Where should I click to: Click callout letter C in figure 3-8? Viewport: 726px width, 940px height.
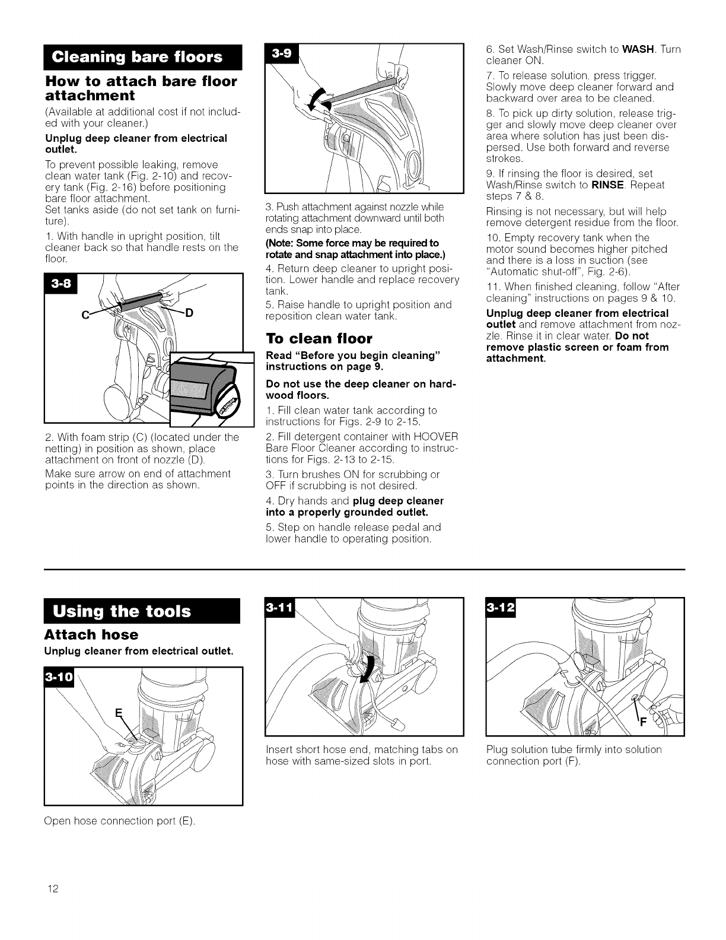coord(93,315)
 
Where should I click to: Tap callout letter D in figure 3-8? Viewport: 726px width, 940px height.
coord(189,313)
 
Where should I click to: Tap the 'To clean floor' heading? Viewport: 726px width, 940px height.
coord(319,339)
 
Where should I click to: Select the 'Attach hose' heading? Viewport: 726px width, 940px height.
coord(91,635)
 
